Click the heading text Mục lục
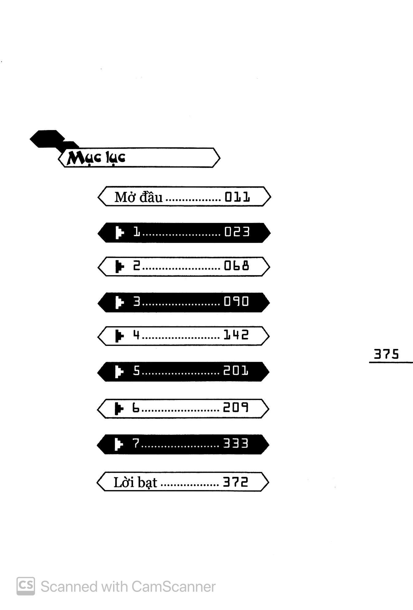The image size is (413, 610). tap(96, 158)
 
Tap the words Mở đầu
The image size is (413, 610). tap(138, 197)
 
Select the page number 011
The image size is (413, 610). tap(237, 197)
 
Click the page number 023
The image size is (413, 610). tap(237, 232)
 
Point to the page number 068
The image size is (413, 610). tap(236, 266)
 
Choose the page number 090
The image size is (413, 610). tap(236, 301)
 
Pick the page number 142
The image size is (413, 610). tap(236, 335)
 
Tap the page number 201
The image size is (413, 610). tap(235, 371)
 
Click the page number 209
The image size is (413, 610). tap(235, 408)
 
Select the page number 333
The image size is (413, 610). tap(235, 444)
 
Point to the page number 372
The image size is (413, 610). tap(235, 482)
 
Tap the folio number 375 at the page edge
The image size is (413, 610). tap(386, 354)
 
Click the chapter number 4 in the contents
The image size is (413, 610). tap(136, 335)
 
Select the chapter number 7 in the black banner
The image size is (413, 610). tap(136, 444)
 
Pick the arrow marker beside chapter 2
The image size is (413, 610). tap(119, 266)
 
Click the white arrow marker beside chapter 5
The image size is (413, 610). tap(119, 371)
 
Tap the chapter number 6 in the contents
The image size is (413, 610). tap(136, 408)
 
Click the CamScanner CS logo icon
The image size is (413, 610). tap(26, 586)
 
